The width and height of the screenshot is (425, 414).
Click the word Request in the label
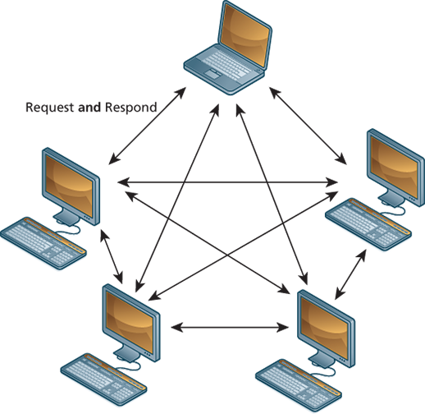49,108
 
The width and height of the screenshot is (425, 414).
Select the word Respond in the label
131,108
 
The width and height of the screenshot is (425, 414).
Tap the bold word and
89,107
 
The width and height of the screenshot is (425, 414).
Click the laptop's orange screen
244,34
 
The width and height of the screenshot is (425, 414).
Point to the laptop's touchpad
215,73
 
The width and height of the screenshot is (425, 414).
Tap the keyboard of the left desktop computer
43,243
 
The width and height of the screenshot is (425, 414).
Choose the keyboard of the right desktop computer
368,224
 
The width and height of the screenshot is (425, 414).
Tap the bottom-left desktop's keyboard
103,379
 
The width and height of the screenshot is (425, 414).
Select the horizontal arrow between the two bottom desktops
230,327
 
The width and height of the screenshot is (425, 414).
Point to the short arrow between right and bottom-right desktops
350,274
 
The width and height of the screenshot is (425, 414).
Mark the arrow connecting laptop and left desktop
148,126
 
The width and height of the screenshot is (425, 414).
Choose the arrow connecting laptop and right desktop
308,126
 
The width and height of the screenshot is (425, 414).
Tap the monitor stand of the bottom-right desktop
322,359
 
